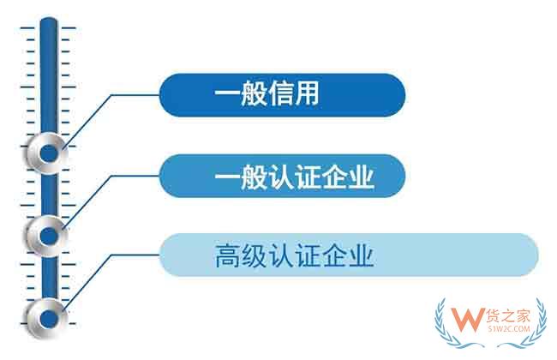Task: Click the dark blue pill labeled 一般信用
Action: [281, 93]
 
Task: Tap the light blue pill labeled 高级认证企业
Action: [348, 255]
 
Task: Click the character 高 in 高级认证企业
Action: [227, 255]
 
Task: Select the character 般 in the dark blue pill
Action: [255, 93]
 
